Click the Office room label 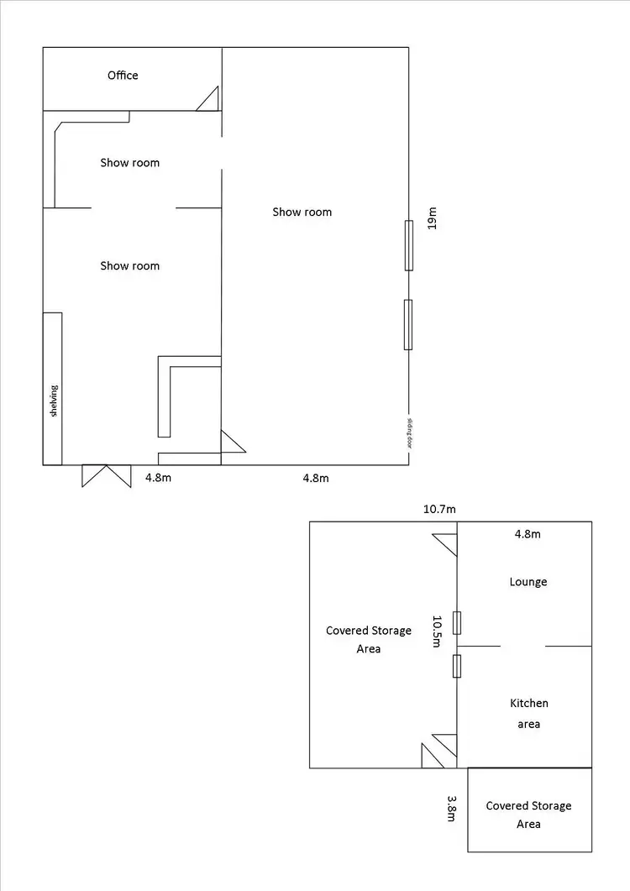point(123,76)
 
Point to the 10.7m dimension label point(439,509)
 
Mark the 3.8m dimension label point(451,808)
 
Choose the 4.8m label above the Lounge point(528,534)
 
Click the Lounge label point(528,582)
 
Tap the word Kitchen point(528,703)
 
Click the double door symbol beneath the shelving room point(107,476)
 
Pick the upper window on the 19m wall point(409,245)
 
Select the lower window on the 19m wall point(408,324)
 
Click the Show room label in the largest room point(302,212)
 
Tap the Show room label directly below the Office point(129,163)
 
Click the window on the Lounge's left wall point(456,622)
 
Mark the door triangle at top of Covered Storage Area point(444,545)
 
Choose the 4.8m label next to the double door point(159,478)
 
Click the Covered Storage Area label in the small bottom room point(528,815)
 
